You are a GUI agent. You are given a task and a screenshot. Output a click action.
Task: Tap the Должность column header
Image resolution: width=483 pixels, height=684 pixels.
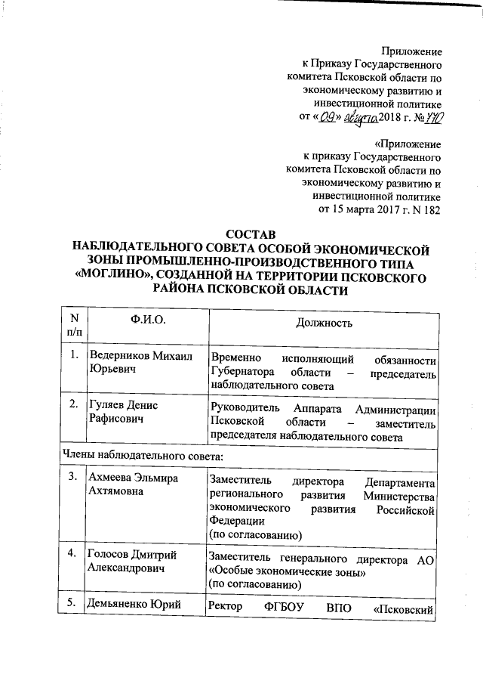pyautogui.click(x=325, y=322)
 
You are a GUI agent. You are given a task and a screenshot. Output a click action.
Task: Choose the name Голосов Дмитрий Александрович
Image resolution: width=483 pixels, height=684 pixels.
pyautogui.click(x=137, y=562)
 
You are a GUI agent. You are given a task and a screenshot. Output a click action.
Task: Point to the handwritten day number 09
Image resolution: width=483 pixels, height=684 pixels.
pyautogui.click(x=327, y=116)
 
